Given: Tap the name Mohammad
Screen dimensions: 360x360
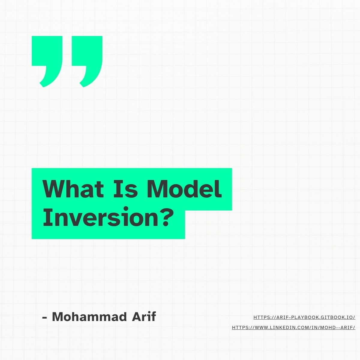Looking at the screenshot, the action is click(89, 317).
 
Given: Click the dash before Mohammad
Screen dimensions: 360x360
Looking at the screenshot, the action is click(45, 317).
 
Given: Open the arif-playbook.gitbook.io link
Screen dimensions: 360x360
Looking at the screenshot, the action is click(304, 317).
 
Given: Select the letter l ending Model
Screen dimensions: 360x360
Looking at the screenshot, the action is click(220, 189).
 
